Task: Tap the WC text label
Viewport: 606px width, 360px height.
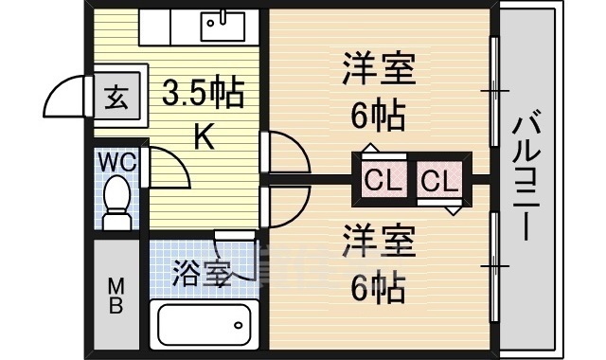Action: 118,162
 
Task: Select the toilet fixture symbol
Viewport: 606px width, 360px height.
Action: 117,204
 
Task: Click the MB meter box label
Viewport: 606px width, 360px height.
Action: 115,294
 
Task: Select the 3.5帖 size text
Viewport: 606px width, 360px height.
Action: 203,95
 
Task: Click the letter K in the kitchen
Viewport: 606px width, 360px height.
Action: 203,138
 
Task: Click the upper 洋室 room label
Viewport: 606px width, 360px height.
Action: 379,72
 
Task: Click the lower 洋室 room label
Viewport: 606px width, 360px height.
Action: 379,239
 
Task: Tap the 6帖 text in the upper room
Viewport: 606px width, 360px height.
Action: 379,116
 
